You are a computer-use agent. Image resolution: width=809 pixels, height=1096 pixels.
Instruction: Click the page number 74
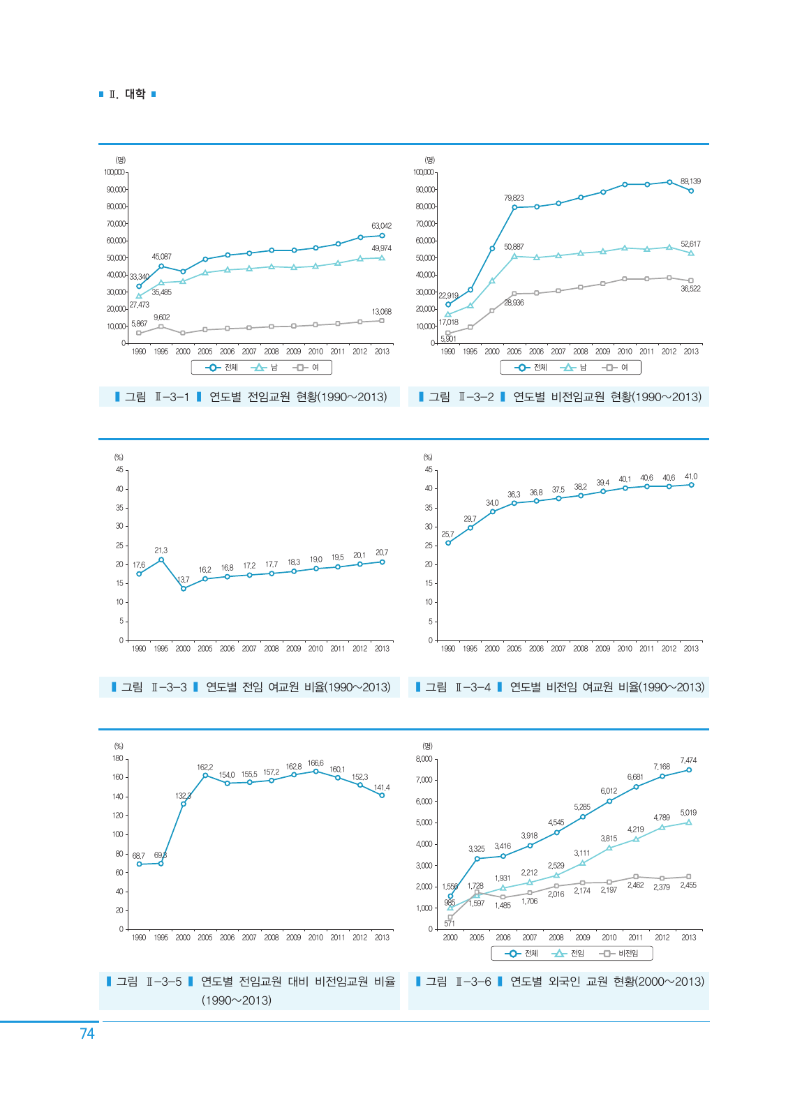(87, 1033)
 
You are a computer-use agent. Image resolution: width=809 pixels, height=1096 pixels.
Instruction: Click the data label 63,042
(381, 226)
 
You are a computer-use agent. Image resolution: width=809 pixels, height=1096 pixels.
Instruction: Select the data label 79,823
(514, 198)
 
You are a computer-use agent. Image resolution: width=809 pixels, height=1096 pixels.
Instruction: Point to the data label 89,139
(690, 181)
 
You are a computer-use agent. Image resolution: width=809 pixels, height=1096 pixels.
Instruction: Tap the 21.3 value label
(161, 550)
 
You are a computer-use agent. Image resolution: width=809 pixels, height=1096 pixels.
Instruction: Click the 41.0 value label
(691, 476)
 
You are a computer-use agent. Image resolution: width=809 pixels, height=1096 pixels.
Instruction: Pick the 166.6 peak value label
(316, 763)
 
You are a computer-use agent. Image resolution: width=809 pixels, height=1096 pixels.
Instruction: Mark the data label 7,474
(688, 760)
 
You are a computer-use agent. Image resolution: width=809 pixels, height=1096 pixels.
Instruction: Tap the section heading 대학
(135, 94)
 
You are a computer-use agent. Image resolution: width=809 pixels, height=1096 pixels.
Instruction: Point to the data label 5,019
(688, 813)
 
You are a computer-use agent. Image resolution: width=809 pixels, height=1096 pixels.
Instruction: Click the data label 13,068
(381, 312)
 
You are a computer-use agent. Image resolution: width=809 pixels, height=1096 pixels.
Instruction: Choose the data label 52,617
(690, 244)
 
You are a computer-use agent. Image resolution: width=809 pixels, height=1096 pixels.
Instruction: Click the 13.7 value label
(184, 580)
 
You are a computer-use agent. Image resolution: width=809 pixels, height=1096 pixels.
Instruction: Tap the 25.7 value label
(447, 534)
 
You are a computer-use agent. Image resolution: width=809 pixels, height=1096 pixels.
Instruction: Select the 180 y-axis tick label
(117, 758)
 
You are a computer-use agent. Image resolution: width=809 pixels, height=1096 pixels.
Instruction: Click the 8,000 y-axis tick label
(424, 758)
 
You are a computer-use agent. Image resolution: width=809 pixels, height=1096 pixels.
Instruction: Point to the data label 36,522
(690, 289)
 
